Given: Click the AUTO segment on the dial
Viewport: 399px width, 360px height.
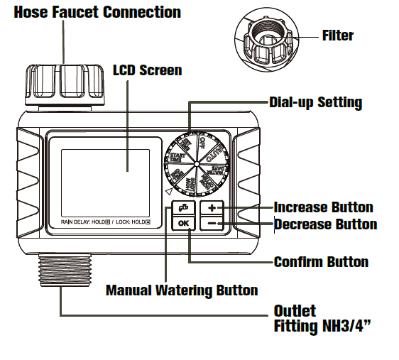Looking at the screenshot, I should point(217,147).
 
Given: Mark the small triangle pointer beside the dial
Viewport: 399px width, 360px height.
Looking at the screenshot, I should point(168,192).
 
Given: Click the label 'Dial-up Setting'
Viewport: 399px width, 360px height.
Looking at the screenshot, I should point(316,102).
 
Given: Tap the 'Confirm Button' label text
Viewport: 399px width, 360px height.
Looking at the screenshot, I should point(321,262).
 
